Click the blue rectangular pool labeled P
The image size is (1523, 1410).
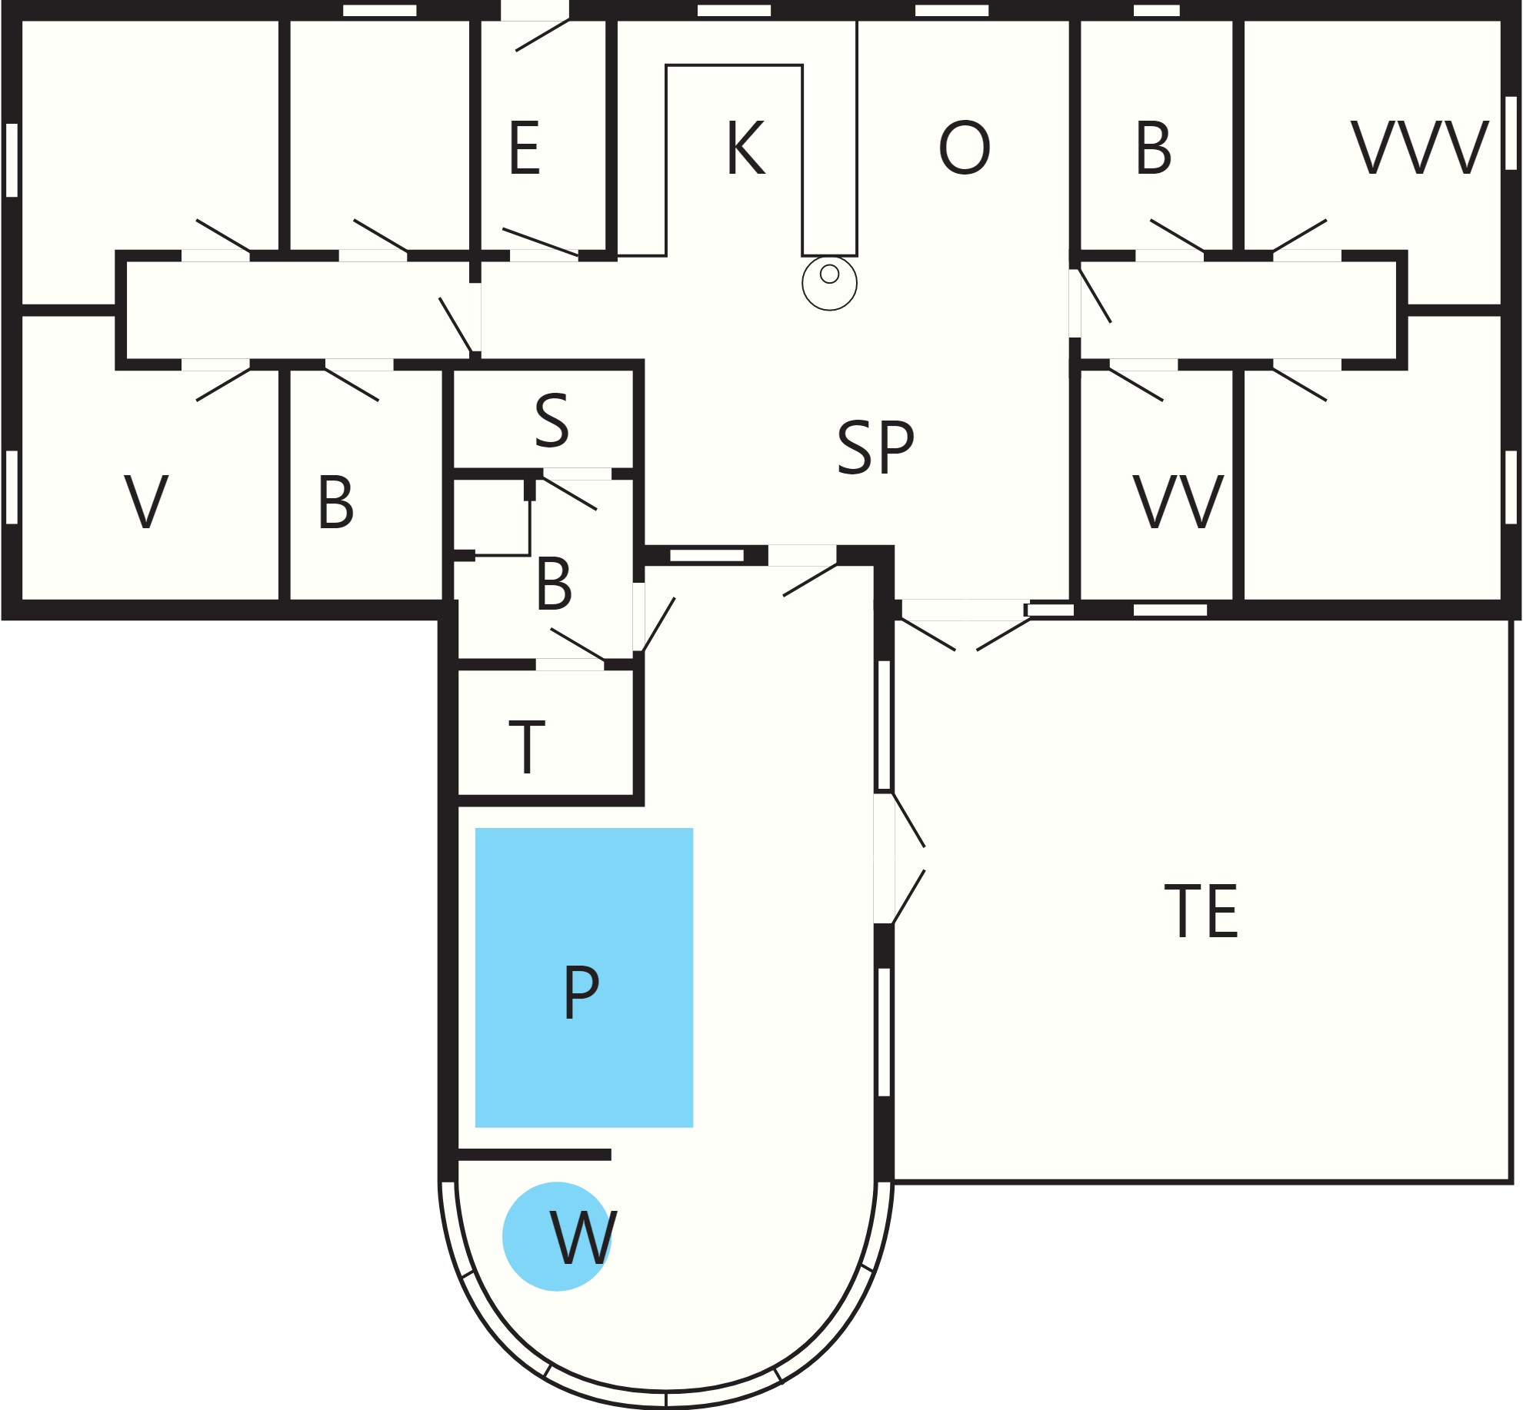tap(584, 977)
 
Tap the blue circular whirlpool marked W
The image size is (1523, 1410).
tap(557, 1236)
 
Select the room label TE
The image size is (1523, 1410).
tap(1201, 911)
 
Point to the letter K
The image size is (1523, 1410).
tap(745, 148)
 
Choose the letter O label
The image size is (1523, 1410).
tap(965, 148)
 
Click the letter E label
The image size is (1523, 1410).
tap(525, 148)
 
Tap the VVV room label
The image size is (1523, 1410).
tap(1419, 148)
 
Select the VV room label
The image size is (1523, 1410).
tap(1178, 501)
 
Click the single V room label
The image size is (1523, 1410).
tap(146, 501)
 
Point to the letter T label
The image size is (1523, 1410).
tap(527, 747)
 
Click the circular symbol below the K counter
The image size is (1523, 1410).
tap(829, 283)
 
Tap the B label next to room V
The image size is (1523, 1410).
tap(336, 501)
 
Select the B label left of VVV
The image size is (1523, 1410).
tap(1154, 148)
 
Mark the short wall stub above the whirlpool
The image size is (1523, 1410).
tap(534, 1155)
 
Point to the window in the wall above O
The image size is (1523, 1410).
tap(951, 11)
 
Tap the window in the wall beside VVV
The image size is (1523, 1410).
tap(1511, 133)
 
